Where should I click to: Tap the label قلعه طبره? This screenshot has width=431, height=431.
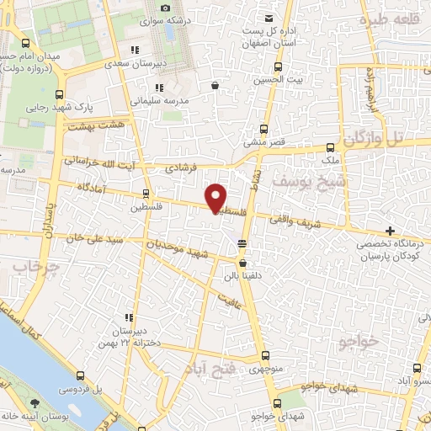click(x=390, y=18)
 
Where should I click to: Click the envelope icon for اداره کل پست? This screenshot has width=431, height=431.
click(x=269, y=18)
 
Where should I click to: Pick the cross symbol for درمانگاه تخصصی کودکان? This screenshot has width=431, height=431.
click(x=389, y=231)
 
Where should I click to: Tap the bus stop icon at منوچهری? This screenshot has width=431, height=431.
click(x=265, y=356)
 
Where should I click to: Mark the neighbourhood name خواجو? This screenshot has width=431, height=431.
click(x=356, y=342)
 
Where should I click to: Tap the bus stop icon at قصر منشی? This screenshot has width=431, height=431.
click(x=263, y=129)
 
